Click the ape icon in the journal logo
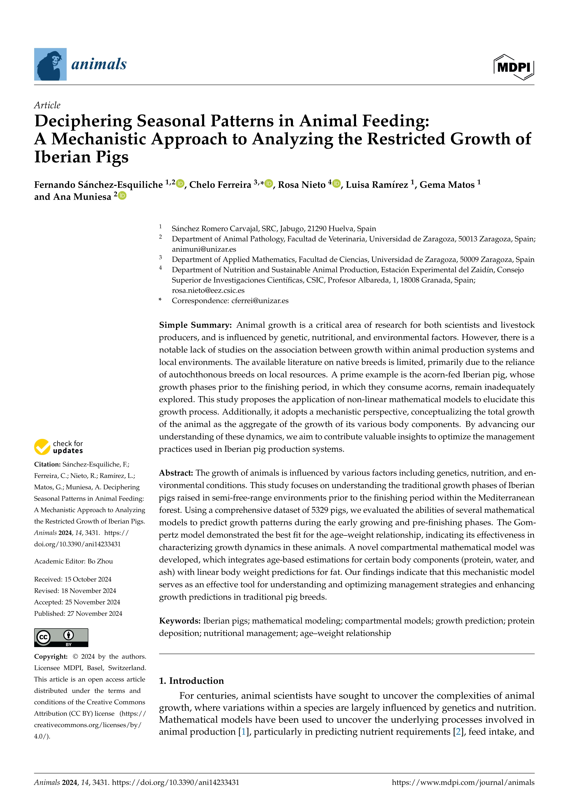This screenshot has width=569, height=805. pos(50,65)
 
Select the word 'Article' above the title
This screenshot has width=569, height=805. pos(47,105)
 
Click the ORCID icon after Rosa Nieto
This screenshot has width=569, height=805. pos(336,183)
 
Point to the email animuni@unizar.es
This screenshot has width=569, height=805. pos(204,249)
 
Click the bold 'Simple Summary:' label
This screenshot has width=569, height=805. pos(195,325)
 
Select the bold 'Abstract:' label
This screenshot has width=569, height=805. pos(176,473)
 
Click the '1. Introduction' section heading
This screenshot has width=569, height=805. pos(191,681)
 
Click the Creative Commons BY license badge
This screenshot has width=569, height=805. pos(61,637)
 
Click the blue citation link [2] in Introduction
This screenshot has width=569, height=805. pos(457,732)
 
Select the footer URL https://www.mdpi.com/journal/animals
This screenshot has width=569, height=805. pos(463,783)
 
